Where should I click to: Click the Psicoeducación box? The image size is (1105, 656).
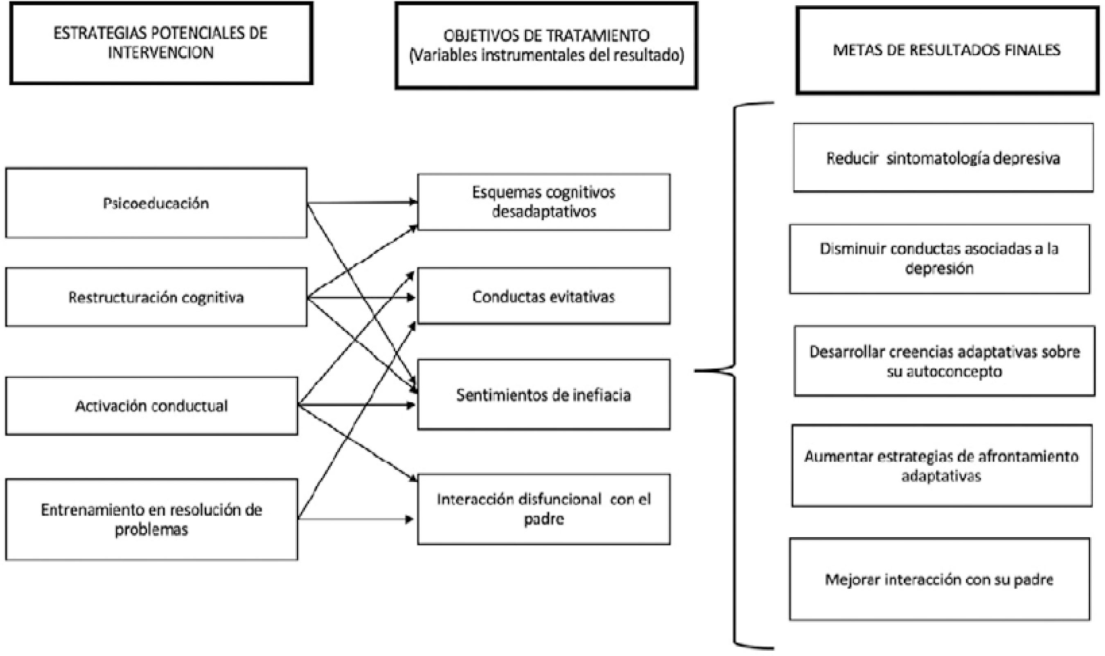pos(156,203)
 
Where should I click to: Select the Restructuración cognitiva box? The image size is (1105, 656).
pos(156,297)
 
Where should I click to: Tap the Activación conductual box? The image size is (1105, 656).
pos(151,406)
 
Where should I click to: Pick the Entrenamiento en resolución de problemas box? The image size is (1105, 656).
pos(151,519)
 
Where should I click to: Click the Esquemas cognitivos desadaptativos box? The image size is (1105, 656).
pos(543,202)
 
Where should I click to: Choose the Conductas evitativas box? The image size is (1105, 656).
pos(543,296)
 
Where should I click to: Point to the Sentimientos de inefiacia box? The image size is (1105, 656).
pos(543,395)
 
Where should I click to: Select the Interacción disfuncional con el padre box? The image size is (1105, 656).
pos(543,509)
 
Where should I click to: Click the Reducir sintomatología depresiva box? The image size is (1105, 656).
pos(943,158)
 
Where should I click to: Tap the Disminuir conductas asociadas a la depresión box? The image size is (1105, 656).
pos(939,259)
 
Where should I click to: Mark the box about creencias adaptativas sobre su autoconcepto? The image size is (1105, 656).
pos(945,361)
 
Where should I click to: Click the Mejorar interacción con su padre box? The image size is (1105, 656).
pos(939,579)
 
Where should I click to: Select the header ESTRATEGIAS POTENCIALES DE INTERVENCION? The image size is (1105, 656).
pos(161,43)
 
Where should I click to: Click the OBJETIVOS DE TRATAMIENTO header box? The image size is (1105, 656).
pos(546,45)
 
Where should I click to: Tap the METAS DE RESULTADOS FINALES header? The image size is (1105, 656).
pos(947,50)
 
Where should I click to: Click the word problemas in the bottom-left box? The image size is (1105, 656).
pos(151,529)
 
